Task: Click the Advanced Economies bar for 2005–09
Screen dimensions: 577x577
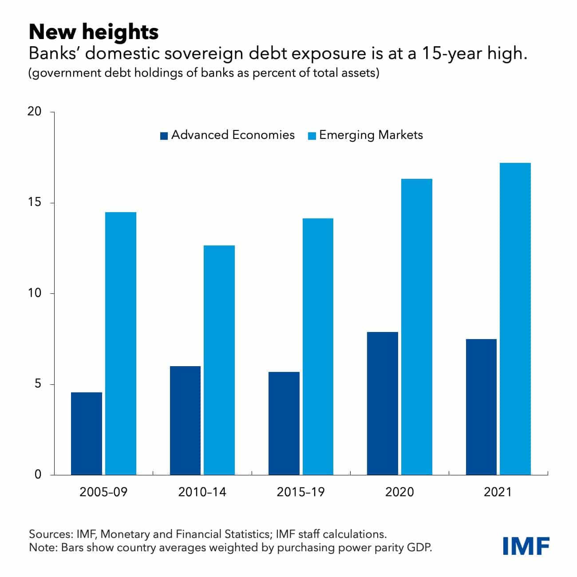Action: pos(87,433)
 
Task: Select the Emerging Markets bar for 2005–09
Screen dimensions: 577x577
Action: pos(121,343)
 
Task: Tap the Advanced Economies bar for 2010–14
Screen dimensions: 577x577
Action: pos(185,420)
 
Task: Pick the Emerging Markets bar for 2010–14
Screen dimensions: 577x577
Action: pos(219,360)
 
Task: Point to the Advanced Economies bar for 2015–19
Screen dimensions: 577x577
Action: pos(284,423)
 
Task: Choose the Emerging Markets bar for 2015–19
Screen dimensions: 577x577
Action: pos(318,346)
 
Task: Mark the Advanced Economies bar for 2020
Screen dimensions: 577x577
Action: pos(383,403)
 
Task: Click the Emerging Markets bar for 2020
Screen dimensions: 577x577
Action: pos(417,327)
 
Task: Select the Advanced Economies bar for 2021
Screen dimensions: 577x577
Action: pos(481,407)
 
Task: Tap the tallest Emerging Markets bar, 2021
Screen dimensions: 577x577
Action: pos(515,319)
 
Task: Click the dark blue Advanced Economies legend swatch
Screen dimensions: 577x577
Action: pos(164,136)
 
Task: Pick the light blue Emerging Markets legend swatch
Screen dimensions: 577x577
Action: pos(312,136)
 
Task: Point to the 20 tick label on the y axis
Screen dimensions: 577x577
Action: pos(34,111)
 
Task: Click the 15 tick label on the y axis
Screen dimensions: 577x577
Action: pos(34,202)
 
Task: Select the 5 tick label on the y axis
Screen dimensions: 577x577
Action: pos(37,383)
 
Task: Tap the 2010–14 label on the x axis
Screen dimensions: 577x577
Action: pos(202,492)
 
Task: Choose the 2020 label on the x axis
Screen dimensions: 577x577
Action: pos(399,492)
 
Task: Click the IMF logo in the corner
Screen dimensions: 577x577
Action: pos(526,545)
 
